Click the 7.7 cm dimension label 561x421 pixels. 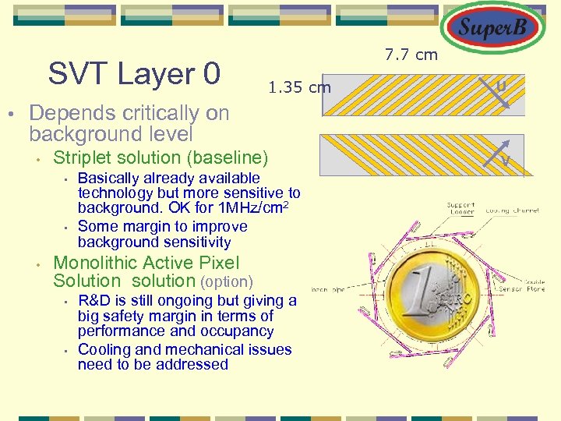411,55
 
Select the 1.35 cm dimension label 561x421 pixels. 299,87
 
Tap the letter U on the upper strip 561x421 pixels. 503,84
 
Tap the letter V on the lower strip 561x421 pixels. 506,161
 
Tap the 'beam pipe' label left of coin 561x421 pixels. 327,290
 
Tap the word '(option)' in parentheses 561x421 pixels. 227,281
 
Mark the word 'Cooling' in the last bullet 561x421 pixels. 106,349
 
